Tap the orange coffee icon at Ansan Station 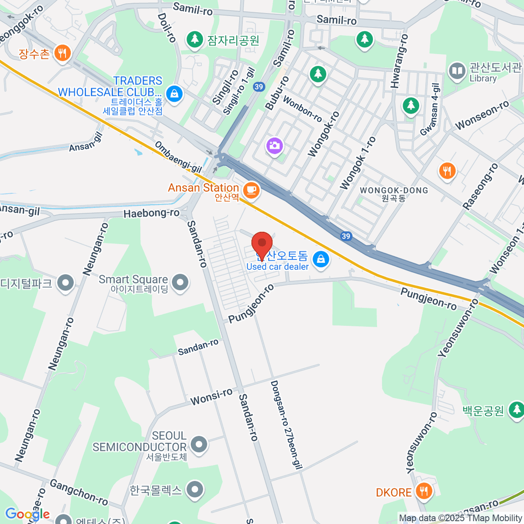(x=251, y=190)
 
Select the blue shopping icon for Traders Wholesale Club (x=174, y=93)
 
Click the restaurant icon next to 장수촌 (x=62, y=53)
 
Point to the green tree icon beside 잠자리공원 (x=195, y=40)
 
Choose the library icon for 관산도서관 (x=457, y=71)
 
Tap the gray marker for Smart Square (x=180, y=283)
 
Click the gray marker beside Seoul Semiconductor (x=199, y=444)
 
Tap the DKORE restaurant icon (x=423, y=491)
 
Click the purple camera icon (x=274, y=145)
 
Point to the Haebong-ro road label (x=152, y=214)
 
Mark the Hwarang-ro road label (x=400, y=61)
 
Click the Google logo (x=27, y=514)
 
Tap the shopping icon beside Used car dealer (x=321, y=259)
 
